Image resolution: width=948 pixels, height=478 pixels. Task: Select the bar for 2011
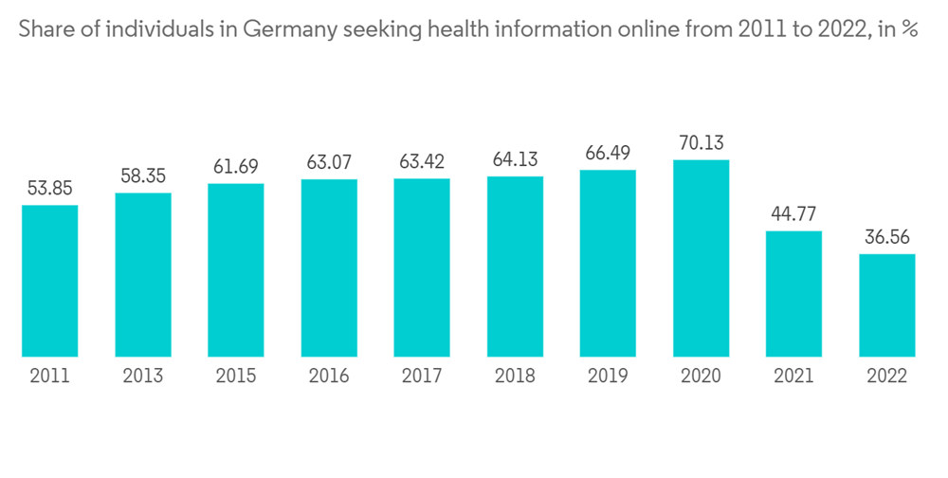(x=49, y=281)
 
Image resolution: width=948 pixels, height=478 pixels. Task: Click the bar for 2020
(x=702, y=258)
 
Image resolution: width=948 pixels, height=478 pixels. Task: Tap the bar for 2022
(x=887, y=305)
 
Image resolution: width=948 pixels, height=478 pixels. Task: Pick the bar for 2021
(x=794, y=294)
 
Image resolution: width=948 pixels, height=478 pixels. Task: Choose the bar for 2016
(x=329, y=268)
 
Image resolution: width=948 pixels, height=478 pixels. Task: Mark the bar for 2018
(x=515, y=267)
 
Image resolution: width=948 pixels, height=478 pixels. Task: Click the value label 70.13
(x=702, y=143)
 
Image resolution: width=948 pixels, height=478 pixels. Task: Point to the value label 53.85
(x=49, y=189)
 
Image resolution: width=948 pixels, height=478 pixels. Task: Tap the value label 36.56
(x=887, y=238)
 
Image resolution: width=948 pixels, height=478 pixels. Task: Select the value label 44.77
(x=794, y=215)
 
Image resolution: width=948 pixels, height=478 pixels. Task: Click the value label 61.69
(x=236, y=167)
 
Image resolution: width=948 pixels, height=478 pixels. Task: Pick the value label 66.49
(x=608, y=154)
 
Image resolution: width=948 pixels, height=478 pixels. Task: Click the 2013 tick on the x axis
(x=143, y=377)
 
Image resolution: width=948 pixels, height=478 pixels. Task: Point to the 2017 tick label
(x=422, y=377)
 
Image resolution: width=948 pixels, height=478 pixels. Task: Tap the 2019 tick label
(x=608, y=377)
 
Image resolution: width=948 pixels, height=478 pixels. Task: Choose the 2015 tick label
(x=236, y=377)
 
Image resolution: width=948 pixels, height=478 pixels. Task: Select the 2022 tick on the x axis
(x=887, y=377)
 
